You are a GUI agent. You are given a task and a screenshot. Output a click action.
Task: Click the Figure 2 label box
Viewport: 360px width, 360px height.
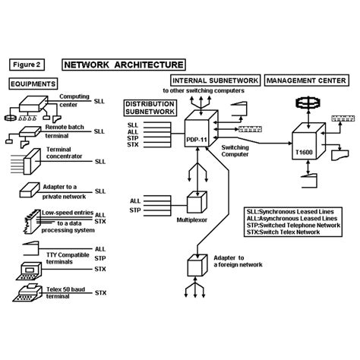point(27,65)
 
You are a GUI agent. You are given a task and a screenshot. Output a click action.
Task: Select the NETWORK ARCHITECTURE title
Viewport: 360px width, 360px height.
point(124,65)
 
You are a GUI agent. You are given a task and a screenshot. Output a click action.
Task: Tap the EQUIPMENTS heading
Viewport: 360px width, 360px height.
point(33,84)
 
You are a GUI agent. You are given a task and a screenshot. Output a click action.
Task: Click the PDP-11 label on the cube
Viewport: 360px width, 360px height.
point(197,140)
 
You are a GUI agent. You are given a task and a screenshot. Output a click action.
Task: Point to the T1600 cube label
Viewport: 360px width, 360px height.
point(304,153)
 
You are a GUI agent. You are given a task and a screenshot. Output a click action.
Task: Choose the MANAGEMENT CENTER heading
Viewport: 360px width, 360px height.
point(307,81)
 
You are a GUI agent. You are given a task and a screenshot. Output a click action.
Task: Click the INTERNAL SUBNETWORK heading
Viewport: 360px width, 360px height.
point(216,81)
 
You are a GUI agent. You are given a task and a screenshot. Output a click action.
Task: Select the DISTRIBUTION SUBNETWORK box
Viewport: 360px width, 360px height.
point(150,108)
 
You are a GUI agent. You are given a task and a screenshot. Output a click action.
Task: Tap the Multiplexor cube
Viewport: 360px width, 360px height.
point(197,202)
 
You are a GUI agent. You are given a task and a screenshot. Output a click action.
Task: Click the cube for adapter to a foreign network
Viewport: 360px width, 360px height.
point(197,266)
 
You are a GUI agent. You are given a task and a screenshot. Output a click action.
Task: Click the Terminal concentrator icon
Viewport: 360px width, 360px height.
point(32,162)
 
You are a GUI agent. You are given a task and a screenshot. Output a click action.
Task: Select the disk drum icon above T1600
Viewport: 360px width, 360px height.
point(308,103)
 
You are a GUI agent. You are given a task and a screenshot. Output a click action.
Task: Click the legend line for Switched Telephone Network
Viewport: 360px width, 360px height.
point(293,226)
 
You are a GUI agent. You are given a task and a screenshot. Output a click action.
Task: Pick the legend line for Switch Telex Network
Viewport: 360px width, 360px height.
point(283,232)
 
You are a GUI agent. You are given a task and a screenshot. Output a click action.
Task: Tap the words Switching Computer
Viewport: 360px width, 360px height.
point(235,151)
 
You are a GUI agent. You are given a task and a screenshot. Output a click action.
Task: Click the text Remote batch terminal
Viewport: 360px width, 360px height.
point(65,131)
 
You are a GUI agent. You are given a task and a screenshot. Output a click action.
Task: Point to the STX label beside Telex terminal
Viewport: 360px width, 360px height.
point(100,293)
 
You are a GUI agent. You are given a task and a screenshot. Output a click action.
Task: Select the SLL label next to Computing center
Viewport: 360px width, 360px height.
point(99,101)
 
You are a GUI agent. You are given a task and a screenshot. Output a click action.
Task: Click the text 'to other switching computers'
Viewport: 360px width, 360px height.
point(204,90)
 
